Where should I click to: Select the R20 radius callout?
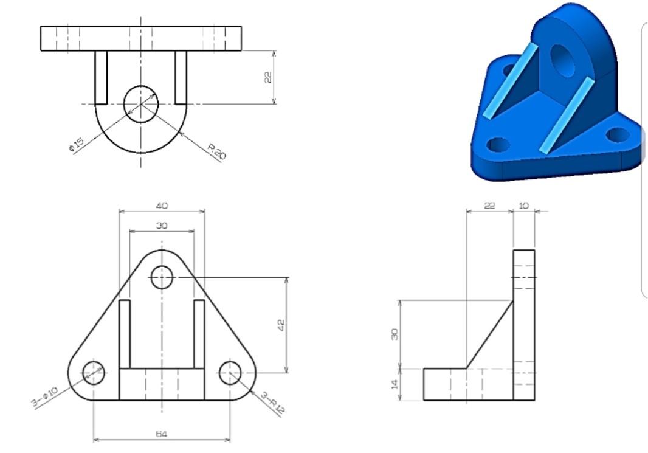(x=216, y=151)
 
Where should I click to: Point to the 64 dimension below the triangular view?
(x=162, y=434)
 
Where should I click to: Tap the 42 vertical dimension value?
(x=281, y=325)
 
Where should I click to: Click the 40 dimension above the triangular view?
(x=162, y=206)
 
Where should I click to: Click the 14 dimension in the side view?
(x=395, y=384)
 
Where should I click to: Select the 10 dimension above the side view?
(x=523, y=206)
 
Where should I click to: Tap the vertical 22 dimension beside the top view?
(x=268, y=77)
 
